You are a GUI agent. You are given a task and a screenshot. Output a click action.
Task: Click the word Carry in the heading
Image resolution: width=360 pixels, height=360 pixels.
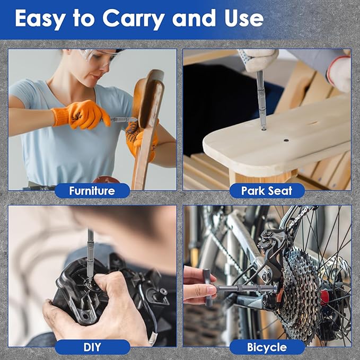pos(134,19)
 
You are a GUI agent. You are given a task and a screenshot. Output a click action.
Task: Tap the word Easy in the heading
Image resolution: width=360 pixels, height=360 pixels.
pos(40,19)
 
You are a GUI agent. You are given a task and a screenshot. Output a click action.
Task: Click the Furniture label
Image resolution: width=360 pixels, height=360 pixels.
pos(92,190)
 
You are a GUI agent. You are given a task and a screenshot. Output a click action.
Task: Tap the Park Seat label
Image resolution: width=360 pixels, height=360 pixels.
pos(267,190)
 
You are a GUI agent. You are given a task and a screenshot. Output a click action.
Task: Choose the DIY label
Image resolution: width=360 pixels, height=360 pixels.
pos(92,347)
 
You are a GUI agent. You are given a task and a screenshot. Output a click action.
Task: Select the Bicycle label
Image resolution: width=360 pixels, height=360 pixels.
pos(267,347)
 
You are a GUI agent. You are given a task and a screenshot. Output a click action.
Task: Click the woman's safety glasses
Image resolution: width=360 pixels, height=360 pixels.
pos(99,57)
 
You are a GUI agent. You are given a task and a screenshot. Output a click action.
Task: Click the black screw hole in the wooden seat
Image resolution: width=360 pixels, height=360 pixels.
pos(286,140)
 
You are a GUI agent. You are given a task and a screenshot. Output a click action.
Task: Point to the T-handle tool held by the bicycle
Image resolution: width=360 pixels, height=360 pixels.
pos(241,287)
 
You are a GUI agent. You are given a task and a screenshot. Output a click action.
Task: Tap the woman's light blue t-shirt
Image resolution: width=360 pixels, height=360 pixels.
pos(69,138)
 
